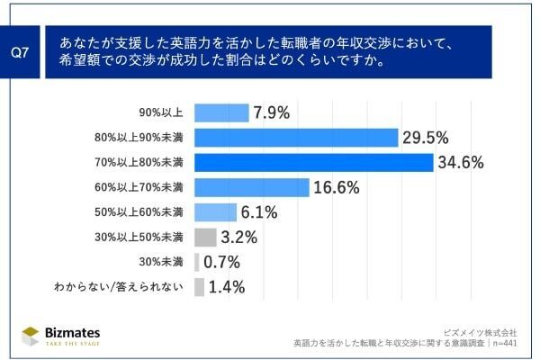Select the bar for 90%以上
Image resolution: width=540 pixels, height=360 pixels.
(221, 112)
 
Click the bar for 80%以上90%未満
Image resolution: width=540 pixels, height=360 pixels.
(296, 138)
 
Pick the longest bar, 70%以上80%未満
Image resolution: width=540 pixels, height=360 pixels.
(313, 163)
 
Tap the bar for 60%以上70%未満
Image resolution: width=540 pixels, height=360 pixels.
(251, 187)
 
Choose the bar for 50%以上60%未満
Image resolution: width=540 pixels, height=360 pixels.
(215, 212)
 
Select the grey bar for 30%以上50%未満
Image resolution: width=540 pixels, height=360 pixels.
(205, 238)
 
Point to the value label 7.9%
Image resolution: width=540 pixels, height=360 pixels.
(271, 112)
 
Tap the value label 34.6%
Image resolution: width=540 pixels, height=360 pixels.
(461, 163)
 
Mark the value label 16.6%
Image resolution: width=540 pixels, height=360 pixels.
(337, 187)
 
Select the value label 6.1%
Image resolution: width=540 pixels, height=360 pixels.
(258, 212)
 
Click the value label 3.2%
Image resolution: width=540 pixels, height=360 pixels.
(239, 238)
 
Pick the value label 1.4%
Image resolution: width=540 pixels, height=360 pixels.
(227, 287)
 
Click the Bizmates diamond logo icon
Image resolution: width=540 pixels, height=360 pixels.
(31, 334)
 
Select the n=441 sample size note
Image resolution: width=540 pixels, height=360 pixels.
(502, 342)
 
